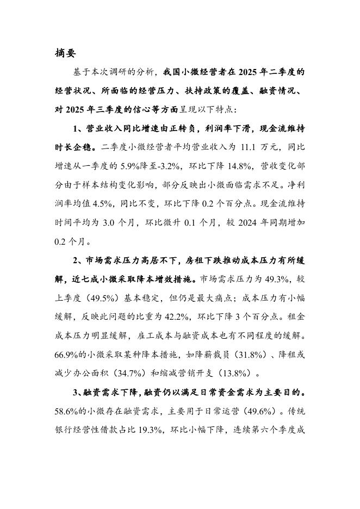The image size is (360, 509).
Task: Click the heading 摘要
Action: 66,53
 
